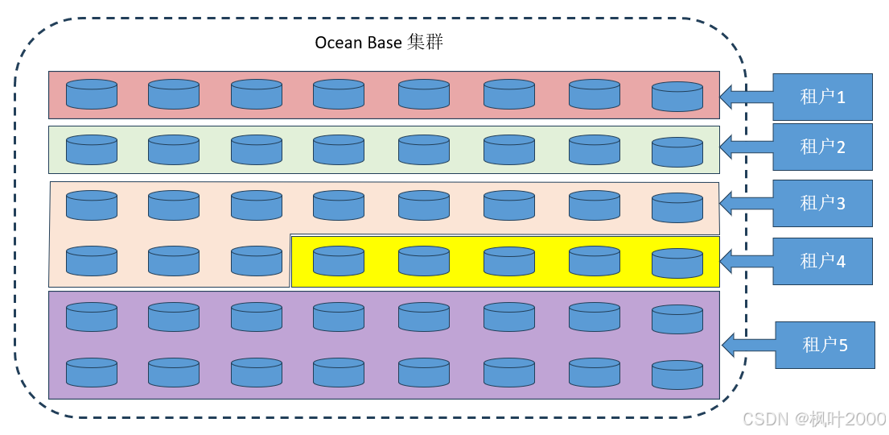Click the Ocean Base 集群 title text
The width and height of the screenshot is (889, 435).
point(379,43)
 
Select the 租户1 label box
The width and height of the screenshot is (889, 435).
point(822,97)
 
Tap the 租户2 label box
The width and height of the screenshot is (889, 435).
point(822,147)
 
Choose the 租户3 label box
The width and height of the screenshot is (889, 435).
point(822,203)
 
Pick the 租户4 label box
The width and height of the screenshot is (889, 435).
point(822,261)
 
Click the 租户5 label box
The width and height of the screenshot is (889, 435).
point(825,345)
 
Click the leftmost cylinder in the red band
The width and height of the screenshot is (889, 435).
point(92,94)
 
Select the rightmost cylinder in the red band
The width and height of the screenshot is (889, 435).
point(677,97)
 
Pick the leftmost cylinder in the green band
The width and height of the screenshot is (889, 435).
point(92,150)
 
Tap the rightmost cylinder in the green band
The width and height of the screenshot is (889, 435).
point(677,152)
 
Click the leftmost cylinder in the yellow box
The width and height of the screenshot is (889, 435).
point(339,261)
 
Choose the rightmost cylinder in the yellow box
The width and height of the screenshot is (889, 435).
point(677,263)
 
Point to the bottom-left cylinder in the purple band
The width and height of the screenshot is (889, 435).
point(92,373)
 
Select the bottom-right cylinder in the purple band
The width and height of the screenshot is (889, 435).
point(677,375)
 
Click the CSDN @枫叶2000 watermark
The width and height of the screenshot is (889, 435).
point(813,419)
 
